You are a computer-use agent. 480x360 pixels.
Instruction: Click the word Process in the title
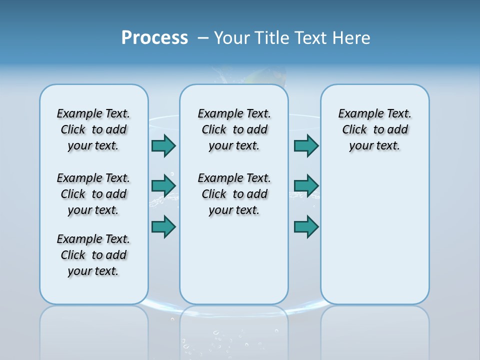point(154,38)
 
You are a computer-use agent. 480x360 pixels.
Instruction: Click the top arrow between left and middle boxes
point(163,145)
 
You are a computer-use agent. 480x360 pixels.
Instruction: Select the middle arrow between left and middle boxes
point(163,186)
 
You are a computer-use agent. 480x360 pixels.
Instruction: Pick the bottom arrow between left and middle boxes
point(163,226)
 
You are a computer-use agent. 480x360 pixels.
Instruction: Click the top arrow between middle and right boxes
point(306,145)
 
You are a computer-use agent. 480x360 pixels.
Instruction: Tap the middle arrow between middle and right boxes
point(306,186)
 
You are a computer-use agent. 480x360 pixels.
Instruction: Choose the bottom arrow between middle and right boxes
point(306,226)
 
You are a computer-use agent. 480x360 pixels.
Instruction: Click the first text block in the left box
point(93,129)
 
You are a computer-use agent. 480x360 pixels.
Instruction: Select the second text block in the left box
point(93,194)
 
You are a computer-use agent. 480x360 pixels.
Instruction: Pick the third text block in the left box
point(93,255)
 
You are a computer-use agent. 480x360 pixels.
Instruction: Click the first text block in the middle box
point(234,129)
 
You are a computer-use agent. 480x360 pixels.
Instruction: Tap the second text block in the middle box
point(234,194)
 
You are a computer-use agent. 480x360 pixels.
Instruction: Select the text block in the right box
point(374,129)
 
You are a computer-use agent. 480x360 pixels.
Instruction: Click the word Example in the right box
point(356,114)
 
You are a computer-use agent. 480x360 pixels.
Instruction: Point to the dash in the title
point(203,38)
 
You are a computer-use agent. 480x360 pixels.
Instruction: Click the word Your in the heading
point(232,38)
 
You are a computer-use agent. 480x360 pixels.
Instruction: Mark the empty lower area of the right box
point(374,235)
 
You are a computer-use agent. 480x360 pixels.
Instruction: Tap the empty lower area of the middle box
point(234,260)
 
